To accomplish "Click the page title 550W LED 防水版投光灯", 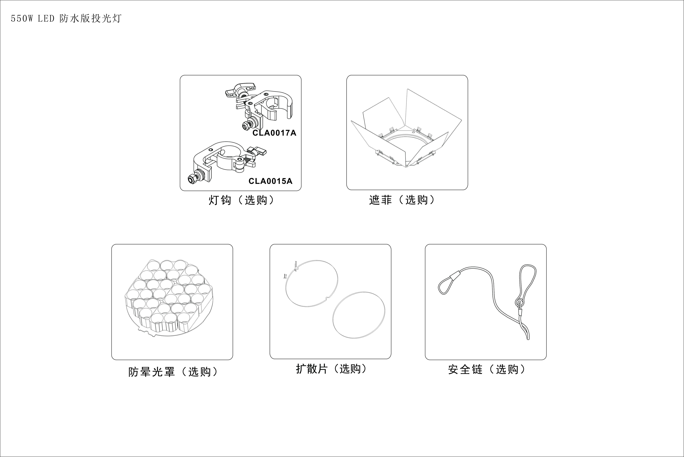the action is click(66, 19).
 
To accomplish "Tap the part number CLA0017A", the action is click(274, 133).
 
